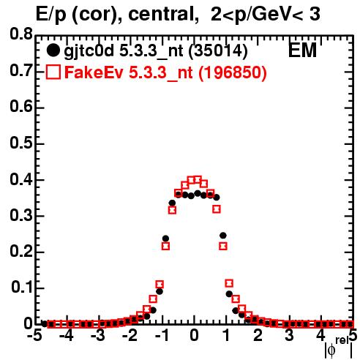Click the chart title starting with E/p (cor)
(x=178, y=14)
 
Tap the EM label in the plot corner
(x=302, y=50)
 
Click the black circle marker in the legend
(x=53, y=50)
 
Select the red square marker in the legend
(x=53, y=72)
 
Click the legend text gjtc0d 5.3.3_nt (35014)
(x=156, y=51)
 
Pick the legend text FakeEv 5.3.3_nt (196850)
(x=166, y=72)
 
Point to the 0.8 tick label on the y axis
(x=21, y=34)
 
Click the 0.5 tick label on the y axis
(x=21, y=143)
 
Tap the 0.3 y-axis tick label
(x=21, y=215)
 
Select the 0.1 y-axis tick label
(x=21, y=288)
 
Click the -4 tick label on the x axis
(x=66, y=336)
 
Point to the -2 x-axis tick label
(x=130, y=336)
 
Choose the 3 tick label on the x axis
(x=290, y=336)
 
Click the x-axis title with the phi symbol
(x=339, y=348)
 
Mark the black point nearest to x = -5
(x=44, y=323)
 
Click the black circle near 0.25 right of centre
(x=223, y=236)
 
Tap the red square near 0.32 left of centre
(x=172, y=210)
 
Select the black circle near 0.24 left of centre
(x=165, y=239)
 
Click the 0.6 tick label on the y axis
(x=21, y=107)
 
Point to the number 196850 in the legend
(x=232, y=72)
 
